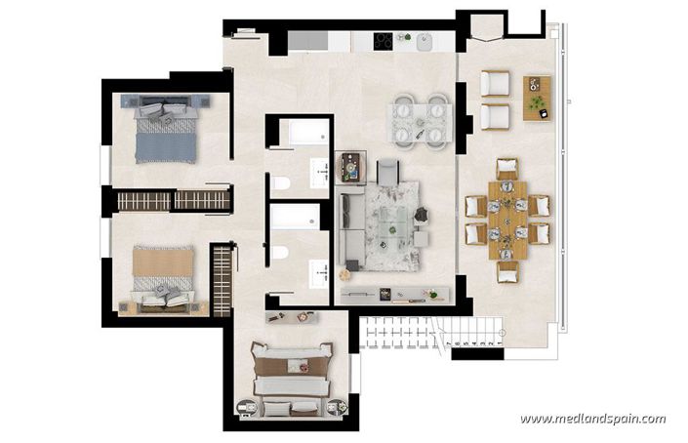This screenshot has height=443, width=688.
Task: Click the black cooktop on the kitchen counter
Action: pos(384,41)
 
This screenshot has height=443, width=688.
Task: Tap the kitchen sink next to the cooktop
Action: pos(425,41)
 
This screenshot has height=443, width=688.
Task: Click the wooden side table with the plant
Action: pos(537,98)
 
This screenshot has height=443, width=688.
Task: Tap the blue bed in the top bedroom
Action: pos(165,135)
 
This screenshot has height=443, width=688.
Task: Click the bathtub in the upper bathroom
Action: pos(301,133)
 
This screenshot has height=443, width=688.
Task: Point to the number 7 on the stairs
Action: pos(447,343)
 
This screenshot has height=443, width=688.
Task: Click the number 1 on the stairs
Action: pos(499,343)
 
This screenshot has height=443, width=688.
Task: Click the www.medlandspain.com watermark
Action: pos(592,419)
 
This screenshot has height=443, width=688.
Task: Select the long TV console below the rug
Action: pos(394,294)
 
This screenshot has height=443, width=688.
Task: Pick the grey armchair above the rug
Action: pos(387,172)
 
